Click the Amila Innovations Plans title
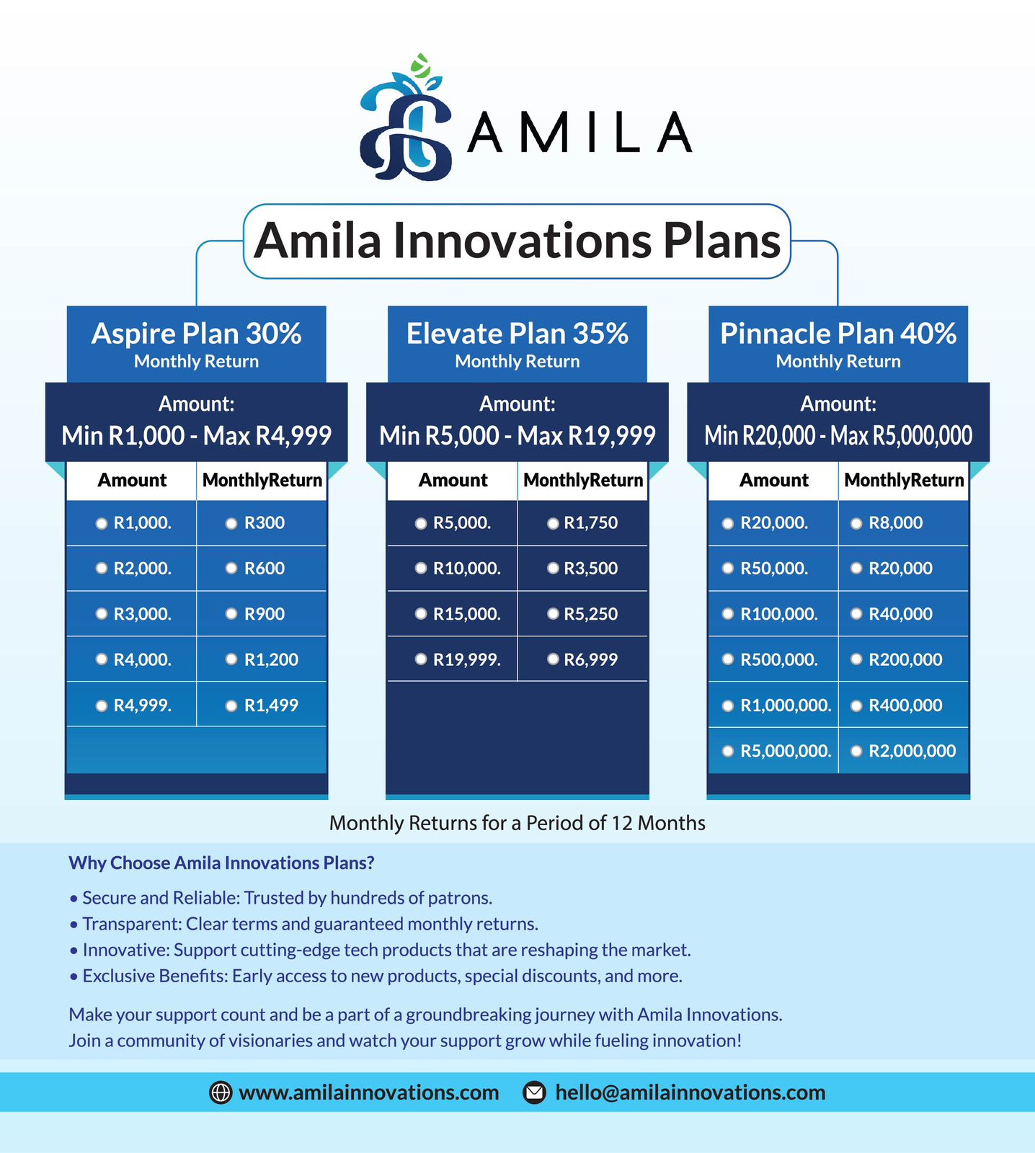click(x=517, y=241)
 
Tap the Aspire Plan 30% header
click(x=196, y=343)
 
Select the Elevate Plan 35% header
click(x=517, y=343)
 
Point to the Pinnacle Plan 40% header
click(x=838, y=343)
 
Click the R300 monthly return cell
click(x=262, y=523)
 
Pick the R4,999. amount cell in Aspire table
click(x=131, y=705)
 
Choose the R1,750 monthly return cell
click(x=582, y=523)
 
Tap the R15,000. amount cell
click(x=452, y=614)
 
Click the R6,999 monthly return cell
click(x=582, y=659)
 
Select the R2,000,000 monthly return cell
click(x=904, y=751)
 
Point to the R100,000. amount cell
click(x=773, y=614)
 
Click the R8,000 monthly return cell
click(x=904, y=523)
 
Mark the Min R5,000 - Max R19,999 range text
click(x=517, y=436)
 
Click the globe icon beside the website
click(x=220, y=1092)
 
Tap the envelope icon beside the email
click(x=534, y=1092)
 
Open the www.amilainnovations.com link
click(x=369, y=1092)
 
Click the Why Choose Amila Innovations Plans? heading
click(x=221, y=863)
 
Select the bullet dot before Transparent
click(x=74, y=925)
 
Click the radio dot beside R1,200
click(x=231, y=659)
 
